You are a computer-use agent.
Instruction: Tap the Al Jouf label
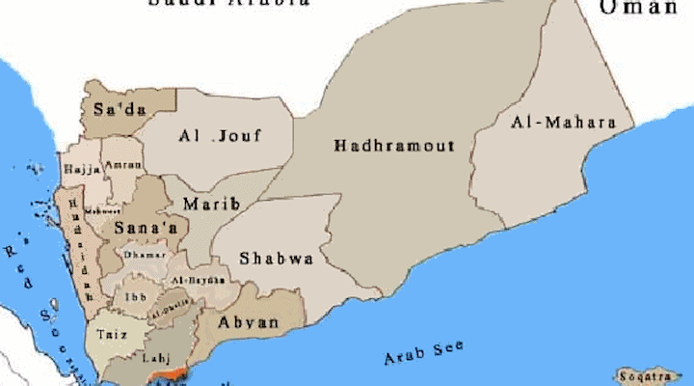pos(220,136)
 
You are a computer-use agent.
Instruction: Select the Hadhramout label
pos(393,146)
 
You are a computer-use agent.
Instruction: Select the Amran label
pos(121,167)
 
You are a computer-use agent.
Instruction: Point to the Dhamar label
pos(145,255)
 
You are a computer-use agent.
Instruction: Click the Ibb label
pos(133,295)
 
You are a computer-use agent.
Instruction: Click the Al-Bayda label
pos(192,280)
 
